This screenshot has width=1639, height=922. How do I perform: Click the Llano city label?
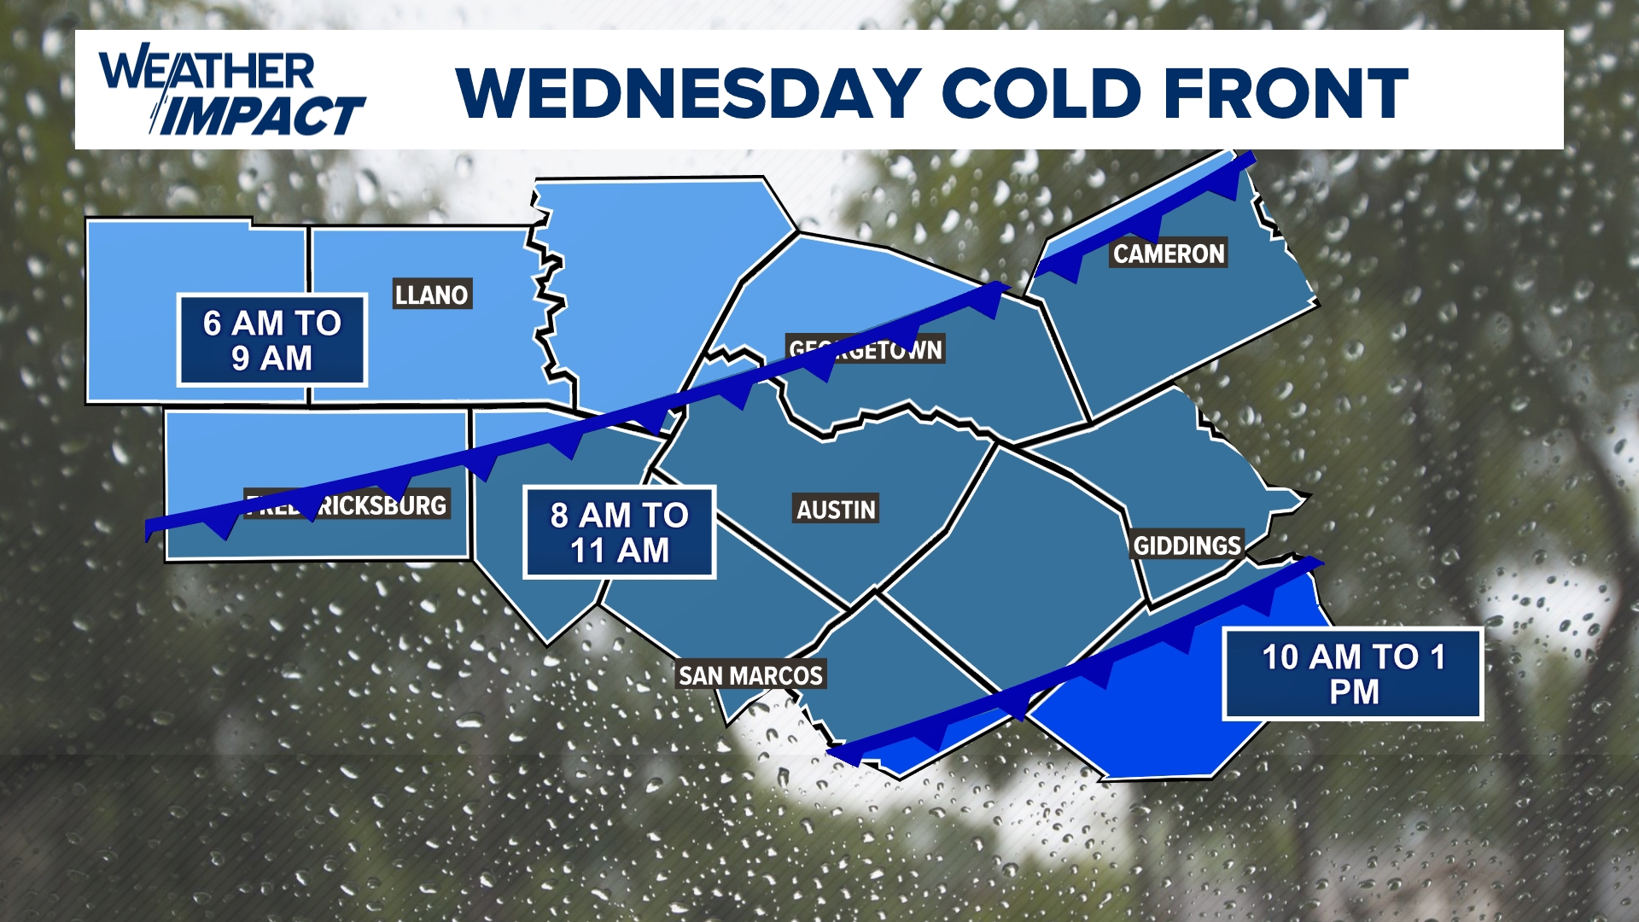pos(432,295)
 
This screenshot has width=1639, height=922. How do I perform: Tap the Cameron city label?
pos(1168,254)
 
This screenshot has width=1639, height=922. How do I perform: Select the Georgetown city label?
pos(866,349)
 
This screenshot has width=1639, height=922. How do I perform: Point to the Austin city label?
pos(836,510)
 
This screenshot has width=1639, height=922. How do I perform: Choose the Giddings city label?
pos(1187,546)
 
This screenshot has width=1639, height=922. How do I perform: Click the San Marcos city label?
pos(750,675)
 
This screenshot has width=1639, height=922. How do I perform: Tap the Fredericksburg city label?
pos(347,505)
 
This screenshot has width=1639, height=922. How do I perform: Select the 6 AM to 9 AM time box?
pos(272,340)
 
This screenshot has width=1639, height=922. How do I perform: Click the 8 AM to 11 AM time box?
pos(619,533)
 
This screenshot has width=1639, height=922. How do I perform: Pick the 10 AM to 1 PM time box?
pos(1353,674)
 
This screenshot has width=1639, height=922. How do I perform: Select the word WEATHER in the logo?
pos(207,71)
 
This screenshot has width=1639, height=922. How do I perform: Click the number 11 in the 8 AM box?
pos(588,551)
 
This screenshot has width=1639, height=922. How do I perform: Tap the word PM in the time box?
pos(1354,692)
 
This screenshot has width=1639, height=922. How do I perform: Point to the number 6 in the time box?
pos(213,324)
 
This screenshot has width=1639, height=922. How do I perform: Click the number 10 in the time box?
pos(1280,657)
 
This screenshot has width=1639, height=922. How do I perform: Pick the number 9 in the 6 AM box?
pos(241,359)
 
